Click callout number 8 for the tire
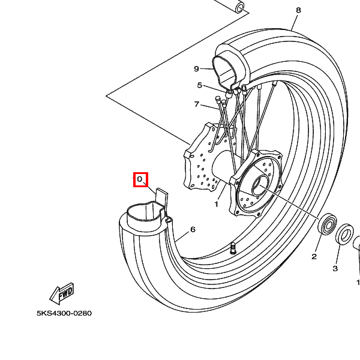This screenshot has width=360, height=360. click(298, 10)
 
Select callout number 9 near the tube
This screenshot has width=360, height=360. click(196, 68)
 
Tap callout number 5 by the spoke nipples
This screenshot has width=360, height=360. click(200, 85)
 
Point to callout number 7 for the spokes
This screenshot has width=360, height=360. click(196, 104)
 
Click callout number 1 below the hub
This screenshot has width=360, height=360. click(216, 204)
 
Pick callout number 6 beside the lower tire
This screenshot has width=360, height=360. click(193, 229)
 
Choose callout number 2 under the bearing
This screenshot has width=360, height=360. click(314, 256)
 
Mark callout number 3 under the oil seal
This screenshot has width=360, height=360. click(335, 268)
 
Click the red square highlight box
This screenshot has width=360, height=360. click(141, 180)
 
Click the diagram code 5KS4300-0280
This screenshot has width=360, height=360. click(64, 313)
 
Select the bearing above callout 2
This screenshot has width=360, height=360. click(327, 224)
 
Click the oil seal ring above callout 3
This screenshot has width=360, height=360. click(344, 235)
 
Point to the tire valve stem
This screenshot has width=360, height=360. click(233, 248)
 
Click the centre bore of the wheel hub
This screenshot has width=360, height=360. click(260, 185)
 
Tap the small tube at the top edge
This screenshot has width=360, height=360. click(239, 7)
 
